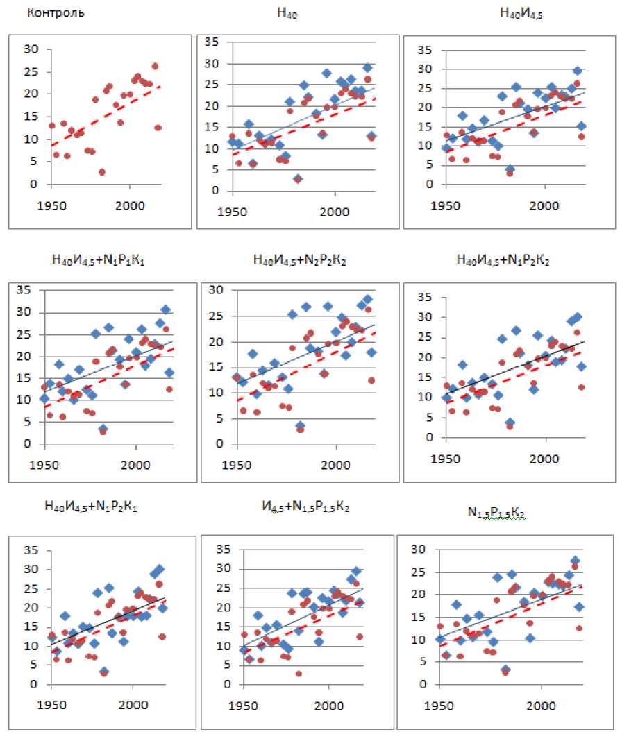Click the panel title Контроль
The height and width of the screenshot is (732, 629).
55,12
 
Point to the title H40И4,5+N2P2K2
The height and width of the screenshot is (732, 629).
300,260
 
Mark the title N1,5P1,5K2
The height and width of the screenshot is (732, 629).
496,513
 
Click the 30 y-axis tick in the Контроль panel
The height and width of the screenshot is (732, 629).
31,49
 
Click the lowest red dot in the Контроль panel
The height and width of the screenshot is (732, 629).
102,172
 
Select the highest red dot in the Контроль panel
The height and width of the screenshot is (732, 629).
155,67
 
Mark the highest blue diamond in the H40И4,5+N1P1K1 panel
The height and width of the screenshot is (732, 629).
165,309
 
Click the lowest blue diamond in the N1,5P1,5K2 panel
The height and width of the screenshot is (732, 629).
505,670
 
